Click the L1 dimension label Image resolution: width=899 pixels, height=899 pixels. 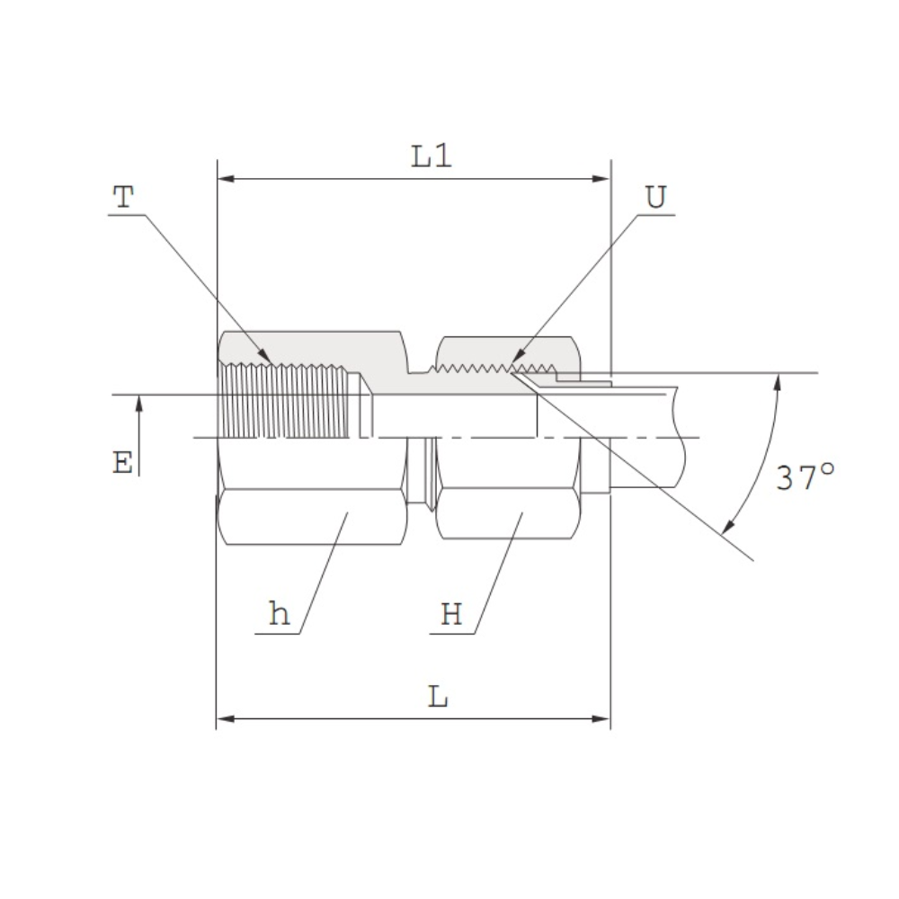(432, 156)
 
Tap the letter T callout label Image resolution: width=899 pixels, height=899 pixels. (123, 197)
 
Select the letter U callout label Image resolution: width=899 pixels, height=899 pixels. (656, 197)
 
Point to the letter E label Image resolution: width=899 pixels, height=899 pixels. (122, 463)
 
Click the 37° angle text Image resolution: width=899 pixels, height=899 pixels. (805, 477)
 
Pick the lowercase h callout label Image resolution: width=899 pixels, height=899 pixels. (280, 613)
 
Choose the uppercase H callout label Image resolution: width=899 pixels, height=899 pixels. (451, 614)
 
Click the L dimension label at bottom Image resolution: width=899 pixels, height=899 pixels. (438, 697)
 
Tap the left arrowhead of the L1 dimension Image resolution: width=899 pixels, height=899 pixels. (226, 179)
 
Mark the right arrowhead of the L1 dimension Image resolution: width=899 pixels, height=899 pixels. (601, 179)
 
